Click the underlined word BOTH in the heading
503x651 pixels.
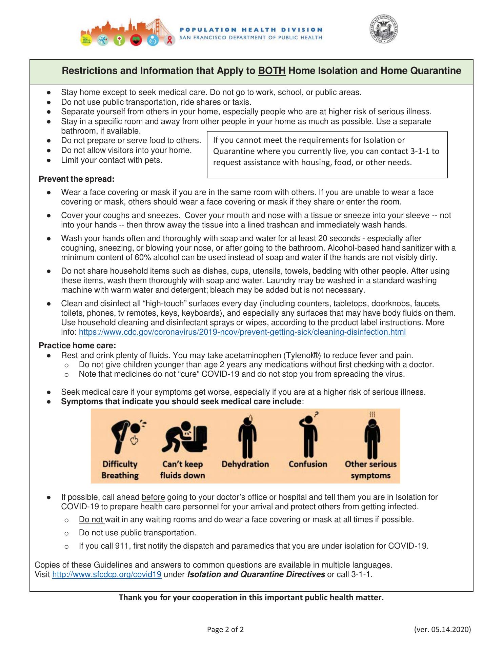tap(272, 71)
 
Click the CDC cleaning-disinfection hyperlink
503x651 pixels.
tap(242, 332)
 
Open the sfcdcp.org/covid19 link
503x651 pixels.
tap(107, 575)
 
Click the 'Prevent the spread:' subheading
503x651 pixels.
tap(77, 179)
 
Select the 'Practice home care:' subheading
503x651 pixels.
tap(78, 346)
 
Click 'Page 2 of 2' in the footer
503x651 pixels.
tap(225, 630)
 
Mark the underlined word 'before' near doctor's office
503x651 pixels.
tap(153, 497)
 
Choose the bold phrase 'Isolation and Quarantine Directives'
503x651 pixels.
tap(256, 575)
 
